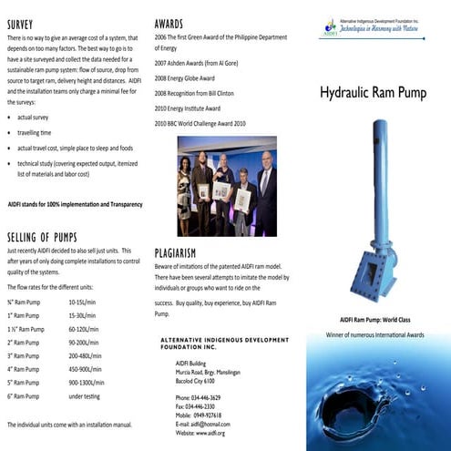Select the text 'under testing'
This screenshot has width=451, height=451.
(86, 397)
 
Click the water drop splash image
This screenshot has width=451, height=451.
(378, 401)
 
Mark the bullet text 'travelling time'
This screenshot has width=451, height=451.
(37, 132)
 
